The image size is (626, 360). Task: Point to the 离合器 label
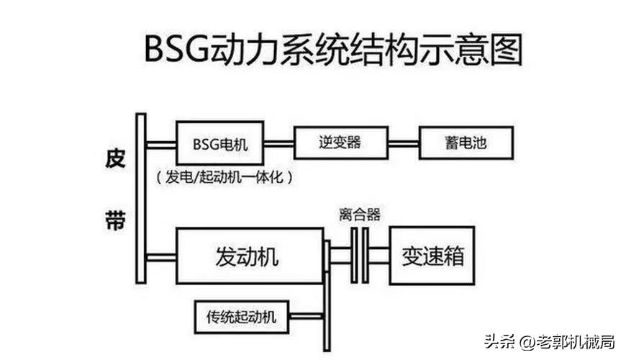(360, 215)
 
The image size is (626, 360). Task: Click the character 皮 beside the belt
(115, 158)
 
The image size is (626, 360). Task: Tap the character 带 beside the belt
(115, 220)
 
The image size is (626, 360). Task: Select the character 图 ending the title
(507, 50)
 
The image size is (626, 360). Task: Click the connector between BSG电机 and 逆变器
(278, 143)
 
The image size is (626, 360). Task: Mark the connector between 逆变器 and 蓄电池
(404, 143)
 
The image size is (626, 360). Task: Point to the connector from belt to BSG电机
(161, 144)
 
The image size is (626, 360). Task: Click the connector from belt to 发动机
(161, 257)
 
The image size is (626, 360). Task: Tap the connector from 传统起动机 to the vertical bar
(306, 317)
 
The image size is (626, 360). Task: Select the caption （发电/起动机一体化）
(224, 176)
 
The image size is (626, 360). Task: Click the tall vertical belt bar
(141, 199)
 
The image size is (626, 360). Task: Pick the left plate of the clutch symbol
(354, 256)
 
